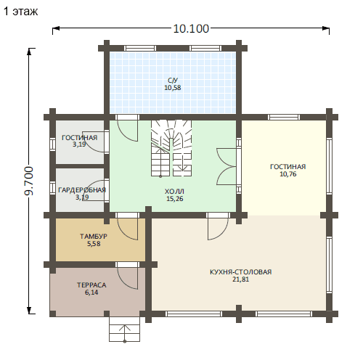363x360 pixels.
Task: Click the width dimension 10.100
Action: tap(191, 29)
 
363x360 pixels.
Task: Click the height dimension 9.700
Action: tap(29, 181)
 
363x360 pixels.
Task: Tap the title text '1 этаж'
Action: tap(21, 12)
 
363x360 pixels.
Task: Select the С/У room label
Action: tap(173, 81)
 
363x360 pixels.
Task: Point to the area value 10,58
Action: tap(173, 88)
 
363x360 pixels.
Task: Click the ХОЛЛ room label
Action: tap(174, 192)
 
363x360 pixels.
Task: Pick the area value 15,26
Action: tap(175, 199)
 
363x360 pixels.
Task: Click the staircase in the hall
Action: tap(171, 148)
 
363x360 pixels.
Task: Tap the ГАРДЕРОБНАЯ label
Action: tap(82, 190)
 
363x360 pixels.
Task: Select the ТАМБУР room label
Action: tap(94, 237)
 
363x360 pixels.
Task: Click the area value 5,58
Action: tap(94, 244)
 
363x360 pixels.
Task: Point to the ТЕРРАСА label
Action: tap(91, 285)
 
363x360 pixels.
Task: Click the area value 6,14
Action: tap(91, 292)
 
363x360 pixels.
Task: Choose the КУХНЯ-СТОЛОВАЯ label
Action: tap(240, 272)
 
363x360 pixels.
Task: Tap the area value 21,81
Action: tap(240, 279)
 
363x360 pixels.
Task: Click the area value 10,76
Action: tap(288, 174)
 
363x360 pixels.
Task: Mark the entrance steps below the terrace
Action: tap(125, 329)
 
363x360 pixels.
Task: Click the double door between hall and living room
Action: tap(227, 167)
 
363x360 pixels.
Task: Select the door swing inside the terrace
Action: tap(128, 276)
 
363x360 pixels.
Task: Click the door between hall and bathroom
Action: tap(128, 128)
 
